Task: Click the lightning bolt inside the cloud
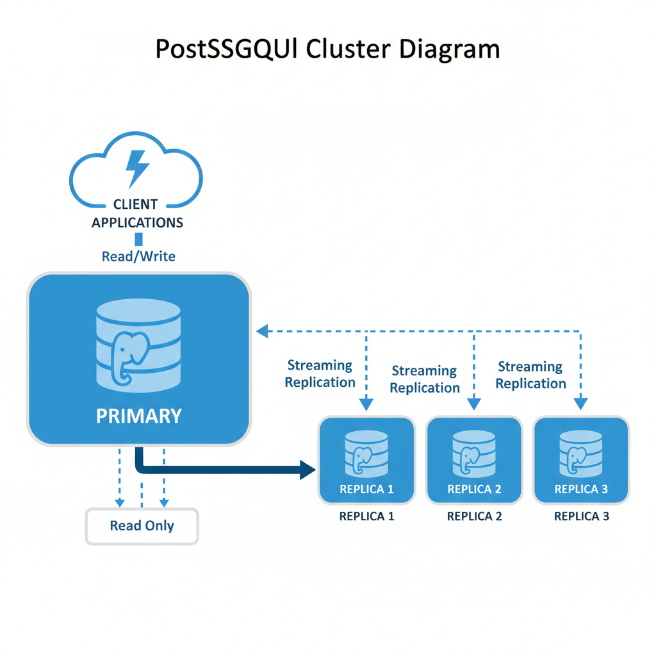[137, 168]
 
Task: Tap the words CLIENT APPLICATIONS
[137, 213]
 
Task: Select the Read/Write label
[138, 256]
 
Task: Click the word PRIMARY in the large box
[138, 416]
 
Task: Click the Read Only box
[142, 526]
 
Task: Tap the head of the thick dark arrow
[309, 470]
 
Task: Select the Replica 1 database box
[366, 460]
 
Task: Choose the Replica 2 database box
[474, 460]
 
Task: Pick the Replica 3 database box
[581, 460]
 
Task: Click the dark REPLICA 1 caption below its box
[366, 516]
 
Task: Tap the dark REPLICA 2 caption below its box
[474, 516]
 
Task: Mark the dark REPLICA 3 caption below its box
[581, 516]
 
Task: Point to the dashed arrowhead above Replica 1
[366, 404]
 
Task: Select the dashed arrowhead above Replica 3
[580, 404]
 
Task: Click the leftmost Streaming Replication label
[320, 373]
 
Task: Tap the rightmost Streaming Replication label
[530, 375]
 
